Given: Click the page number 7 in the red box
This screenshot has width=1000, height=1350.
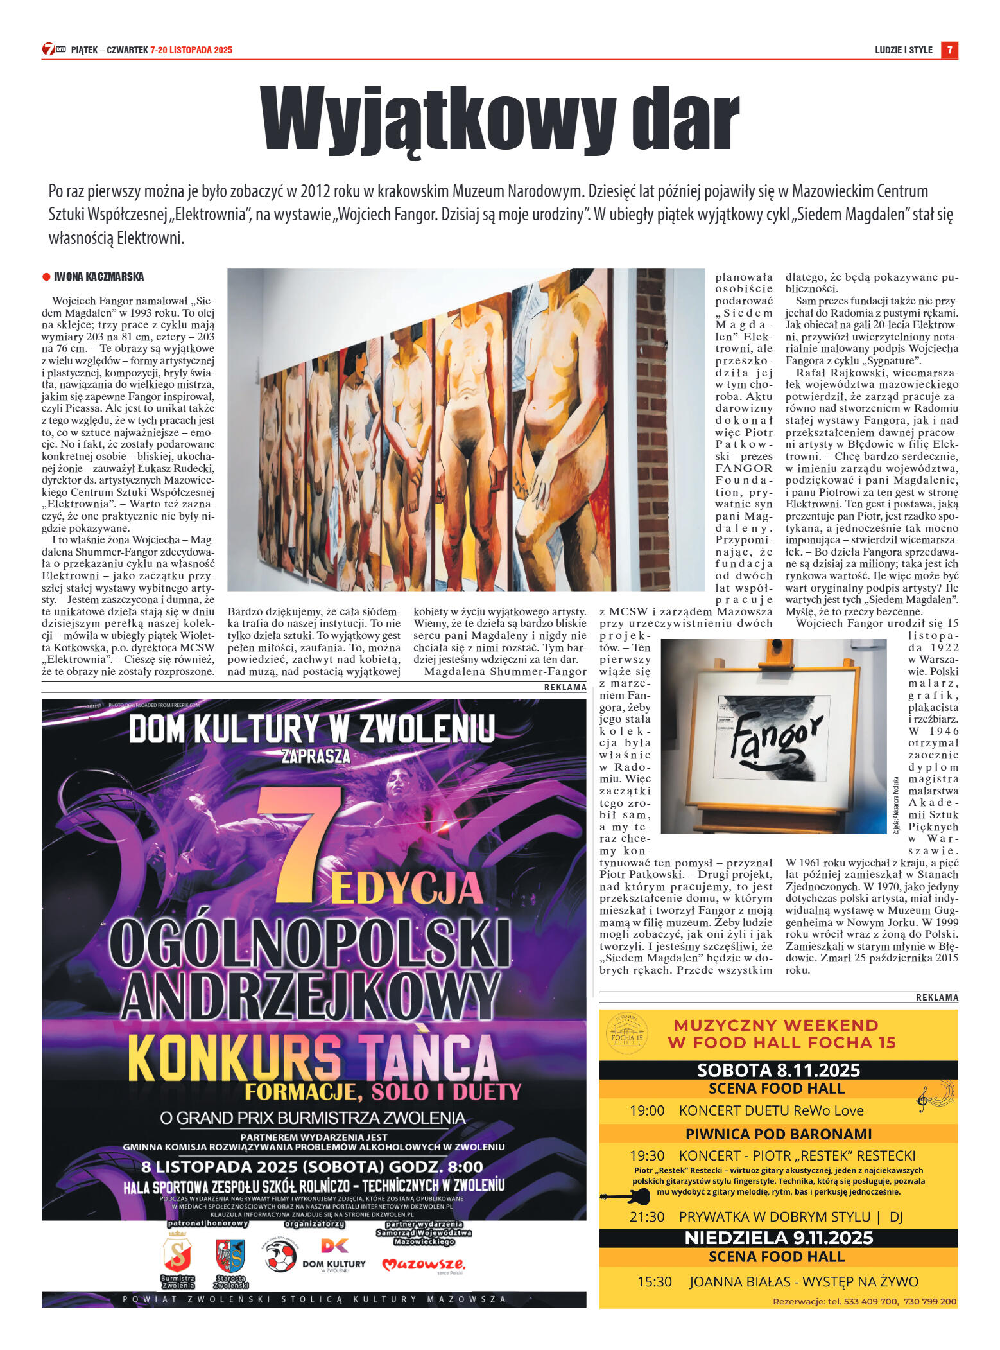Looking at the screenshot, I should (x=949, y=49).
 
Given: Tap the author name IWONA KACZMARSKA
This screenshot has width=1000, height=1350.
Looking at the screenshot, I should (x=99, y=277).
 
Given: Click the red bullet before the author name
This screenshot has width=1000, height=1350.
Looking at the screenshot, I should (x=46, y=277).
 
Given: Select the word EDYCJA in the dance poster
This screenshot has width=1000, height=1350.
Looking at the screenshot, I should (x=407, y=890).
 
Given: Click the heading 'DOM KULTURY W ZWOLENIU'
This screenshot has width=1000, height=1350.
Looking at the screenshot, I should (x=312, y=730).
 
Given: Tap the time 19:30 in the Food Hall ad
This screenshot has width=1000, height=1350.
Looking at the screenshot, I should (x=647, y=1155).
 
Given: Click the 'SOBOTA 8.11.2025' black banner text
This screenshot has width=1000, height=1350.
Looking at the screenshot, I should (x=778, y=1070).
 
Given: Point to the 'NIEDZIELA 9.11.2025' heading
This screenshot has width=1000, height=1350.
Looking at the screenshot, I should (x=778, y=1238).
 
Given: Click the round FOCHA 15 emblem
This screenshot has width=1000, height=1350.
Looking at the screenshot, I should (x=626, y=1033).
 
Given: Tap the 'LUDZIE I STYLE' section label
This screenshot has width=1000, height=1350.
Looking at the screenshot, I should (x=903, y=50).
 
